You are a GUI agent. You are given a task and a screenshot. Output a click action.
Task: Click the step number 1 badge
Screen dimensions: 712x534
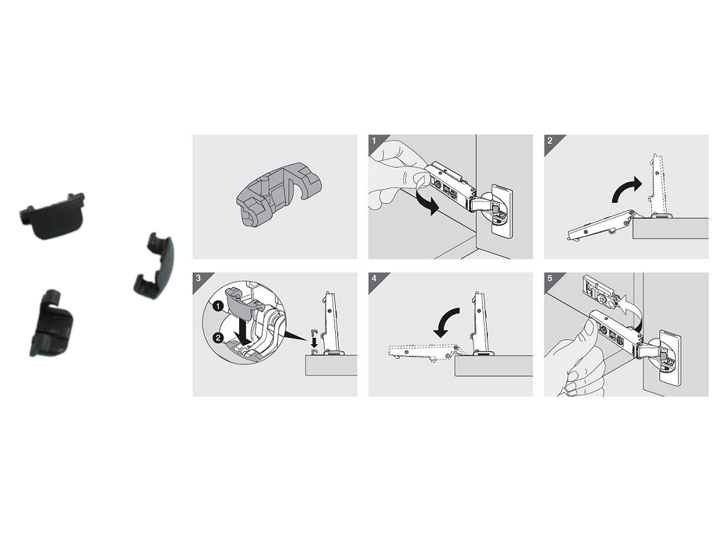pyautogui.click(x=373, y=140)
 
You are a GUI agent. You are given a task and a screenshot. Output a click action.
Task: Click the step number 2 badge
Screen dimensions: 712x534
pyautogui.click(x=549, y=140)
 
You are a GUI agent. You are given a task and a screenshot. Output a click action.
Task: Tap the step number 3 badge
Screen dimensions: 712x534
pyautogui.click(x=198, y=278)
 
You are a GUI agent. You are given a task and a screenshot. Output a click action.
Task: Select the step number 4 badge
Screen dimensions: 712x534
pyautogui.click(x=373, y=278)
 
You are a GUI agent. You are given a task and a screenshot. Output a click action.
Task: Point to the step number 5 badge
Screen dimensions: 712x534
pyautogui.click(x=549, y=278)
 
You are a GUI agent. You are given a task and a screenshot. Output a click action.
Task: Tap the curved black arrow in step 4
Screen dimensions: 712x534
pyautogui.click(x=447, y=320)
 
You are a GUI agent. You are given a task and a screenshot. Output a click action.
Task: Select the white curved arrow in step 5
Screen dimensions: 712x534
pyautogui.click(x=632, y=309)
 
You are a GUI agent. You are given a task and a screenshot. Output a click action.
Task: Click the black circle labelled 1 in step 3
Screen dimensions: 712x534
pyautogui.click(x=218, y=307)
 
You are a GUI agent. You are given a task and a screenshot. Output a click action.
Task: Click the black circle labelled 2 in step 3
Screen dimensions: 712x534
pyautogui.click(x=218, y=339)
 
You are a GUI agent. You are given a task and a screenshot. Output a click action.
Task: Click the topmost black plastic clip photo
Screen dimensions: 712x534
pyautogui.click(x=53, y=215)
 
